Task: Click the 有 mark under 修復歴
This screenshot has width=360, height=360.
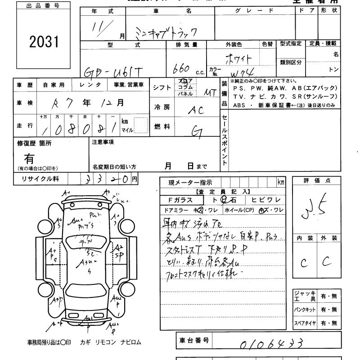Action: (x=30, y=158)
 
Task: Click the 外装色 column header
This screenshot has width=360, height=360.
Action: (x=234, y=45)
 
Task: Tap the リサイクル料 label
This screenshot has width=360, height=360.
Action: (x=40, y=179)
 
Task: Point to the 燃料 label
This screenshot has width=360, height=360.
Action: (x=162, y=127)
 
